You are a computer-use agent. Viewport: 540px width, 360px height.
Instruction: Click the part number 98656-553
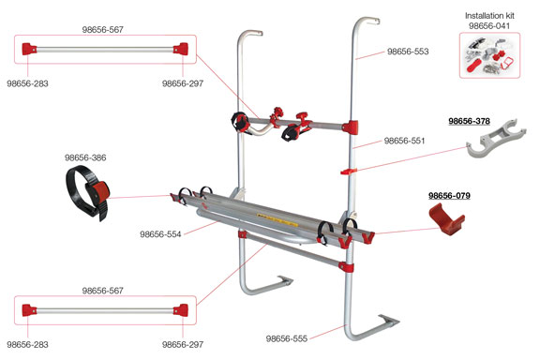tap(408, 52)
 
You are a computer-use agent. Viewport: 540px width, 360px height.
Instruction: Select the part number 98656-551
tap(404, 141)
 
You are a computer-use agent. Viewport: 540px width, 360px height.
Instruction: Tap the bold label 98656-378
tap(469, 121)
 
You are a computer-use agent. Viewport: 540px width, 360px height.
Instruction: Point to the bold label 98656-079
tap(449, 195)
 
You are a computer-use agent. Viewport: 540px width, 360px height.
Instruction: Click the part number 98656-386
tap(85, 157)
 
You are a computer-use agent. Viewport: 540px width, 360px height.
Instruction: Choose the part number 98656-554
tap(160, 234)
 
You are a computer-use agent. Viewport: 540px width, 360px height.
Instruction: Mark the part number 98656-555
tap(287, 338)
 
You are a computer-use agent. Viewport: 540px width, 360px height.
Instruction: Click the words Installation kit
tap(489, 16)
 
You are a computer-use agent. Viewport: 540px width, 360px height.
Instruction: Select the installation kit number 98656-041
tap(489, 26)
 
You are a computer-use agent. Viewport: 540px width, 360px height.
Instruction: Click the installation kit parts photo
tap(489, 55)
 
